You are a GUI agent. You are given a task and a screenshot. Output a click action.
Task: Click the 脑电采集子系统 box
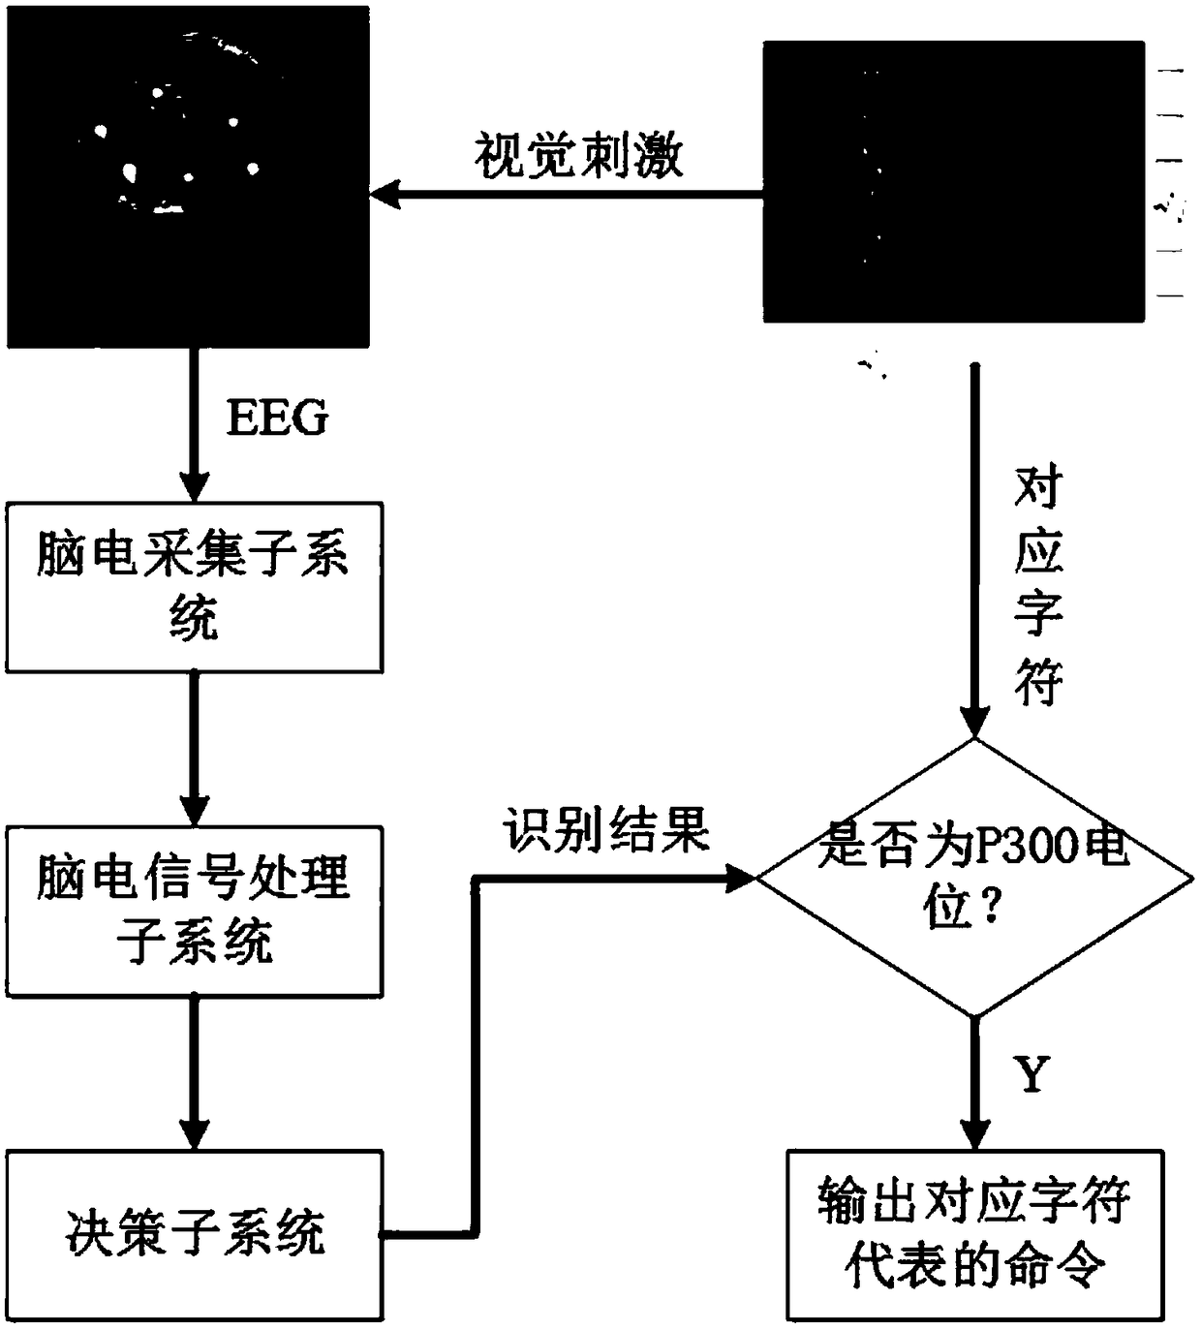pyautogui.click(x=194, y=587)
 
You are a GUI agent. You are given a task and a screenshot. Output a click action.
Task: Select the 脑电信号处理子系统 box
pyautogui.click(x=194, y=911)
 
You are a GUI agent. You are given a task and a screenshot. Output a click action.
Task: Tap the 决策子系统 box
pyautogui.click(x=194, y=1235)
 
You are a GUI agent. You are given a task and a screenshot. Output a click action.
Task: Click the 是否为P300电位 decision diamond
pyautogui.click(x=973, y=878)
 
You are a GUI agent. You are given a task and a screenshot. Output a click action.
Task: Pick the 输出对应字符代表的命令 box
pyautogui.click(x=974, y=1234)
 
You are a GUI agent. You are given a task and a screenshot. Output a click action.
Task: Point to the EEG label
pyautogui.click(x=277, y=418)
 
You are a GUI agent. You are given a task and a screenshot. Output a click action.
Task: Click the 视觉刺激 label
pyautogui.click(x=579, y=155)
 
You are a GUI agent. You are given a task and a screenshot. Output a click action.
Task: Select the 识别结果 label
pyautogui.click(x=606, y=831)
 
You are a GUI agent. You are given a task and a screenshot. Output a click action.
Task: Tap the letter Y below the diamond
pyautogui.click(x=1032, y=1075)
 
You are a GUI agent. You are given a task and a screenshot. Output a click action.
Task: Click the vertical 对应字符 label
pyautogui.click(x=1038, y=586)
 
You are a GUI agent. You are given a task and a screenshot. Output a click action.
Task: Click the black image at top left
pyautogui.click(x=188, y=176)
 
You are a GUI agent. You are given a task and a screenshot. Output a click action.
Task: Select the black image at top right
pyautogui.click(x=954, y=181)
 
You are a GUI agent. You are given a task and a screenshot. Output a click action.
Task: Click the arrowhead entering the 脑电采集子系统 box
pyautogui.click(x=195, y=485)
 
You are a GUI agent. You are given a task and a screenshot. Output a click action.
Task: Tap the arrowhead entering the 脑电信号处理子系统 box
pyautogui.click(x=195, y=810)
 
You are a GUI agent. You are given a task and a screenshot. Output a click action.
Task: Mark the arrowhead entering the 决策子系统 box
pyautogui.click(x=195, y=1134)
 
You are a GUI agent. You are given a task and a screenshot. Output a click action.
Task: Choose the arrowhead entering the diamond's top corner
pyautogui.click(x=974, y=722)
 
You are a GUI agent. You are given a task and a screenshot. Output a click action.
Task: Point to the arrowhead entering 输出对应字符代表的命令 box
pyautogui.click(x=974, y=1133)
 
